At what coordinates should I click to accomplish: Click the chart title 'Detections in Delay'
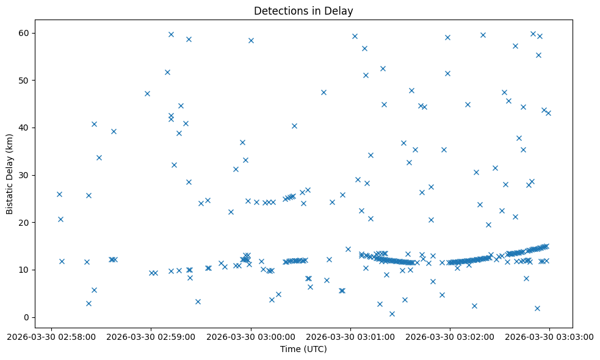[x=303, y=11]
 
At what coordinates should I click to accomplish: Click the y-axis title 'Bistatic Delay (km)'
[x=10, y=168]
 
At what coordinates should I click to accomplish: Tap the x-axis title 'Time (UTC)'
[x=303, y=349]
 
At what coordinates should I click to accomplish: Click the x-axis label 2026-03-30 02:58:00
[x=51, y=336]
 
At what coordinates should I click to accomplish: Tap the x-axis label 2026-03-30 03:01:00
[x=350, y=336]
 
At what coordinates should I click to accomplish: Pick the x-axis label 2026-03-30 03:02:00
[x=450, y=336]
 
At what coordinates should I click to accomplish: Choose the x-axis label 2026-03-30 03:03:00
[x=549, y=336]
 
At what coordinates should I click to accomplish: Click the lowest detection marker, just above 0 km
[x=392, y=314]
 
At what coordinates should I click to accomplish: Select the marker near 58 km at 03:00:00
[x=251, y=40]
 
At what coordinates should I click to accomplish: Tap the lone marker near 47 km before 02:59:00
[x=147, y=93]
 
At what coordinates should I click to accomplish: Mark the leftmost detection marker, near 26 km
[x=59, y=194]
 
